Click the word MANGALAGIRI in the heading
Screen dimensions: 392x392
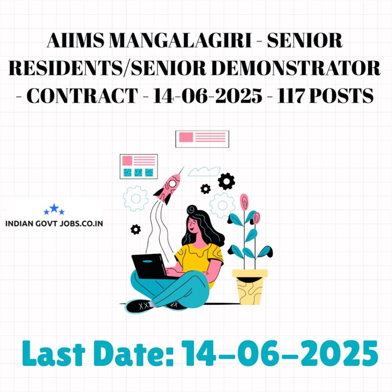(180, 40)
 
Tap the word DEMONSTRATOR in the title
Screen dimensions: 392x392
(296, 68)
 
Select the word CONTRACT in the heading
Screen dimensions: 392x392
(82, 96)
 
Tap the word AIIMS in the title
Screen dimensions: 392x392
(75, 40)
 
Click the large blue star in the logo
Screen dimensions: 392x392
(54, 208)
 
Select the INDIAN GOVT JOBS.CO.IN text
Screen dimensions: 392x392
(54, 224)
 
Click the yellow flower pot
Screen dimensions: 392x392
(250, 287)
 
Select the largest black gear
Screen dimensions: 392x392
(226, 181)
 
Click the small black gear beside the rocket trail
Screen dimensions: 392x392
(135, 229)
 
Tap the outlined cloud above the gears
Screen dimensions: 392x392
(204, 171)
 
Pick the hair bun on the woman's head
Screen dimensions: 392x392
(192, 209)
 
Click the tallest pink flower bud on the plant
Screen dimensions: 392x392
(244, 202)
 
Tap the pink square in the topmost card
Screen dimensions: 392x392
(186, 137)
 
